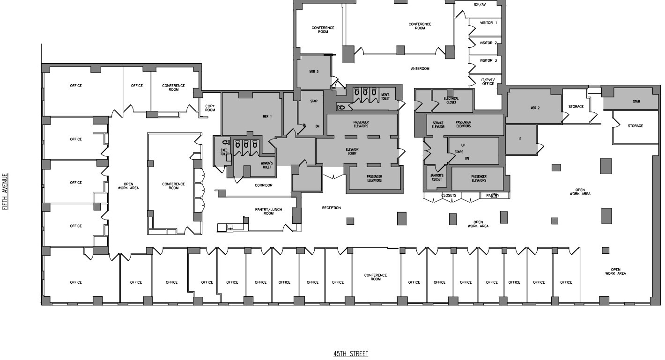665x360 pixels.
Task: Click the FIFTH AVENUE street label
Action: point(6,191)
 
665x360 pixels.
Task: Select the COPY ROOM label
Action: point(210,108)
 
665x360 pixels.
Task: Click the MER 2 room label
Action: point(535,108)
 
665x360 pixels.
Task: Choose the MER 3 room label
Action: point(313,72)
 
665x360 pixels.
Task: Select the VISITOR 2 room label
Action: point(488,43)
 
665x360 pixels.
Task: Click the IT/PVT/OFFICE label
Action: point(488,81)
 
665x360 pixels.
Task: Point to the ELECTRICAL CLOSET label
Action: point(451,100)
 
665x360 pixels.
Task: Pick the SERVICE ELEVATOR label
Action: point(438,125)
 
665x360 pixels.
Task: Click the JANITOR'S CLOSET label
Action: point(436,177)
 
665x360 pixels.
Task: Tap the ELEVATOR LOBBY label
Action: point(352,151)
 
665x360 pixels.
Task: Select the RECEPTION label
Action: point(331,208)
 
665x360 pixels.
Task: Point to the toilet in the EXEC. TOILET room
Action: point(225,142)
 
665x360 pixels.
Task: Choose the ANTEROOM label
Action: point(420,69)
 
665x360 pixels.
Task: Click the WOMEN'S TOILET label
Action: point(266,165)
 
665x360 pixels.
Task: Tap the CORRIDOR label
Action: point(263,185)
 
